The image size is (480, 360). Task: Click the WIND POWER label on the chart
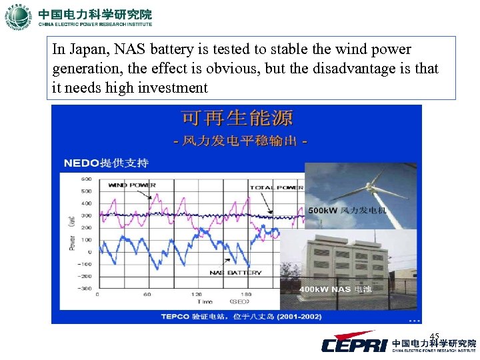(x=132, y=185)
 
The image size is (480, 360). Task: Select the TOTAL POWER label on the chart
(x=277, y=188)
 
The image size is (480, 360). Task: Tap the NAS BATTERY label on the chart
(x=235, y=272)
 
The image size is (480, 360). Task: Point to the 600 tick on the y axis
(x=87, y=179)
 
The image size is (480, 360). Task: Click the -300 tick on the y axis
(x=85, y=288)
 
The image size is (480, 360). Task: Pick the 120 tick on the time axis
(x=197, y=294)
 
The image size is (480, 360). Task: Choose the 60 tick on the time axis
(x=147, y=294)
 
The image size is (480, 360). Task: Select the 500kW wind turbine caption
(x=347, y=210)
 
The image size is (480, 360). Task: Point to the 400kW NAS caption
(x=335, y=289)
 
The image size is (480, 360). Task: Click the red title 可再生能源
(x=237, y=119)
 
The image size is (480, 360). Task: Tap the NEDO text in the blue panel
(x=81, y=163)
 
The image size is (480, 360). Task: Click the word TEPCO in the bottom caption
(x=175, y=316)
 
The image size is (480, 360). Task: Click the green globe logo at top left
(x=18, y=17)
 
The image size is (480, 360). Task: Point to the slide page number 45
(x=434, y=335)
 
